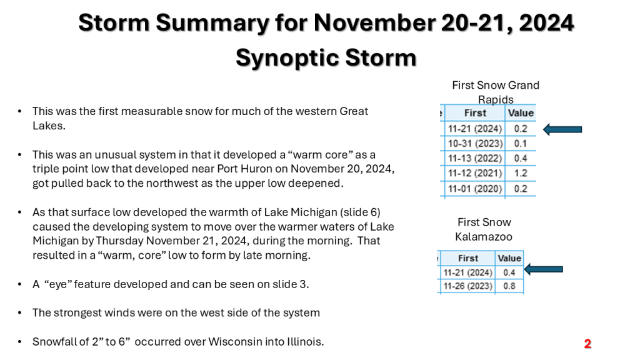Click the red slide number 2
(x=587, y=344)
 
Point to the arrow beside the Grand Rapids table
(x=562, y=129)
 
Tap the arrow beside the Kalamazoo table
(x=543, y=269)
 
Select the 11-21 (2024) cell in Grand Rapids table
(x=475, y=129)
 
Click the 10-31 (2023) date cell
(x=475, y=144)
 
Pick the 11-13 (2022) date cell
(x=475, y=158)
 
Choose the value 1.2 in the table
(x=521, y=173)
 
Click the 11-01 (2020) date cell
(x=475, y=189)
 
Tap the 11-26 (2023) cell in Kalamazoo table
(x=467, y=286)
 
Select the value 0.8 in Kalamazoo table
(x=509, y=286)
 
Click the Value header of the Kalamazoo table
(x=509, y=258)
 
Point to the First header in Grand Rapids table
(x=475, y=113)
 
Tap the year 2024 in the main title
(x=546, y=23)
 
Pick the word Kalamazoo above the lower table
(x=484, y=237)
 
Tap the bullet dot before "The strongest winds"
(x=19, y=313)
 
